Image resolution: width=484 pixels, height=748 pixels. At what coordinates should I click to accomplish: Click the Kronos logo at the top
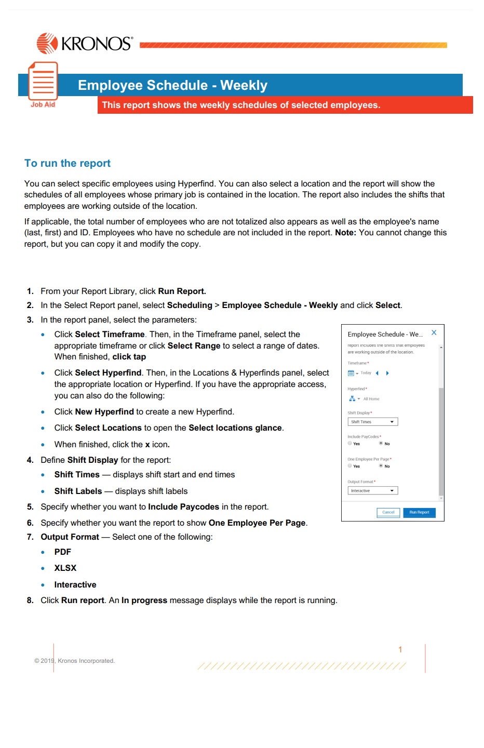85,43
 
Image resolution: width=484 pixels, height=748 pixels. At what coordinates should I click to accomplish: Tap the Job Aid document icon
43,82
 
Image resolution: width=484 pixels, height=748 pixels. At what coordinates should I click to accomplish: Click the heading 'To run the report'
68,163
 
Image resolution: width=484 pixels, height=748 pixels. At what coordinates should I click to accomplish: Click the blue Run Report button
419,512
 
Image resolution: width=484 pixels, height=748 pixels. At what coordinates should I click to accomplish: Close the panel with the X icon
434,332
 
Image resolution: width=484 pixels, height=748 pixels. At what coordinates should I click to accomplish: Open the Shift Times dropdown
372,422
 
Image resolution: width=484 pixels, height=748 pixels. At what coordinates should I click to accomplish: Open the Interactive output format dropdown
372,490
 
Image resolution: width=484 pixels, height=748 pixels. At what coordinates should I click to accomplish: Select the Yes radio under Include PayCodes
350,443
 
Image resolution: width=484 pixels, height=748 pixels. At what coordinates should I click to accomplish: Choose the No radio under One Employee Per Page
381,465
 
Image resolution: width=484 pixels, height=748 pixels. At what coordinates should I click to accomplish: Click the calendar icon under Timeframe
351,373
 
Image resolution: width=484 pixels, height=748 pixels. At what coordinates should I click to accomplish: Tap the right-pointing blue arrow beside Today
387,373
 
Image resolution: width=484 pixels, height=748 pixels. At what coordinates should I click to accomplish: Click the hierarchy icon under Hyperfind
352,398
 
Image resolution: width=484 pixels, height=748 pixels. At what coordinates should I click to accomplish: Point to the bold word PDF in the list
62,552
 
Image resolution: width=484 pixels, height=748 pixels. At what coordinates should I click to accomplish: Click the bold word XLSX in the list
65,568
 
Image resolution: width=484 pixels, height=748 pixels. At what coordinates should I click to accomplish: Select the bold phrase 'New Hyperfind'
104,411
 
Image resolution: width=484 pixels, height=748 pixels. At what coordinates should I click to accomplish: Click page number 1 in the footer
400,649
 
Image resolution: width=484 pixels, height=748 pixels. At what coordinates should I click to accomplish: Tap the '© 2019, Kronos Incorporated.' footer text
74,661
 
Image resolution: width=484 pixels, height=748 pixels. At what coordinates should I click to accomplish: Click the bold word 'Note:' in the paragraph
345,232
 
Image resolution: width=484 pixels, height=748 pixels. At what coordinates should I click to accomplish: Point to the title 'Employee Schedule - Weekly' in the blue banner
172,85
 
